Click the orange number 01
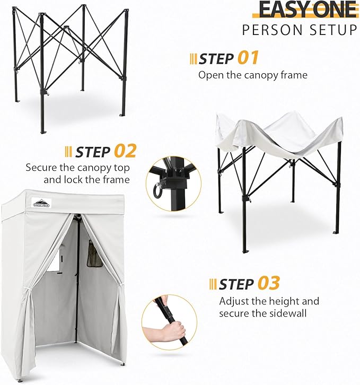tap(248, 58)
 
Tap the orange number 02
tap(125, 151)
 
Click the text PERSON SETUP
tap(300, 30)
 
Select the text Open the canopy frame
tap(253, 75)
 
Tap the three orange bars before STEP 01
tap(193, 58)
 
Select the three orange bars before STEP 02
tap(68, 152)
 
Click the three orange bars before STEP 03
tap(213, 284)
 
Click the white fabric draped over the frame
tap(278, 133)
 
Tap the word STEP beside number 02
tap(93, 152)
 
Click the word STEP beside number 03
tap(236, 284)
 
